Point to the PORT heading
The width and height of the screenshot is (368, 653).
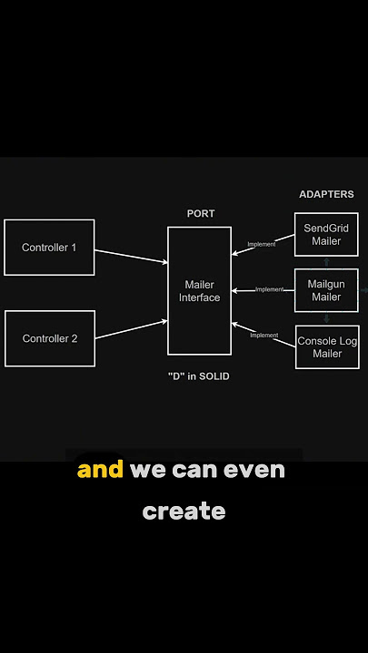click(x=201, y=214)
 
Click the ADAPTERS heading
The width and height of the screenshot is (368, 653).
click(x=326, y=194)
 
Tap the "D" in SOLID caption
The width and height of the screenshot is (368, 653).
click(x=199, y=376)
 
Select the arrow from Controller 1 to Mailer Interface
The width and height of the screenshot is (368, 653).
click(x=132, y=257)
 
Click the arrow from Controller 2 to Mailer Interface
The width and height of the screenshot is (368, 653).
click(x=132, y=329)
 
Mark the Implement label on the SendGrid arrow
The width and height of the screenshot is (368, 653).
click(x=262, y=245)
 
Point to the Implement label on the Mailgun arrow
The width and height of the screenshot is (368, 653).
click(x=270, y=289)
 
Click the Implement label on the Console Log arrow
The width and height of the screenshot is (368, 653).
click(x=264, y=336)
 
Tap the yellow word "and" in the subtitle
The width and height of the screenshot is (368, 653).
click(x=100, y=470)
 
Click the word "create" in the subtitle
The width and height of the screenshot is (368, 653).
click(x=184, y=511)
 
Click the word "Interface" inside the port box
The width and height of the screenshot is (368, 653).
click(x=199, y=297)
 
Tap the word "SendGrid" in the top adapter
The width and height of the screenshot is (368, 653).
click(x=326, y=229)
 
